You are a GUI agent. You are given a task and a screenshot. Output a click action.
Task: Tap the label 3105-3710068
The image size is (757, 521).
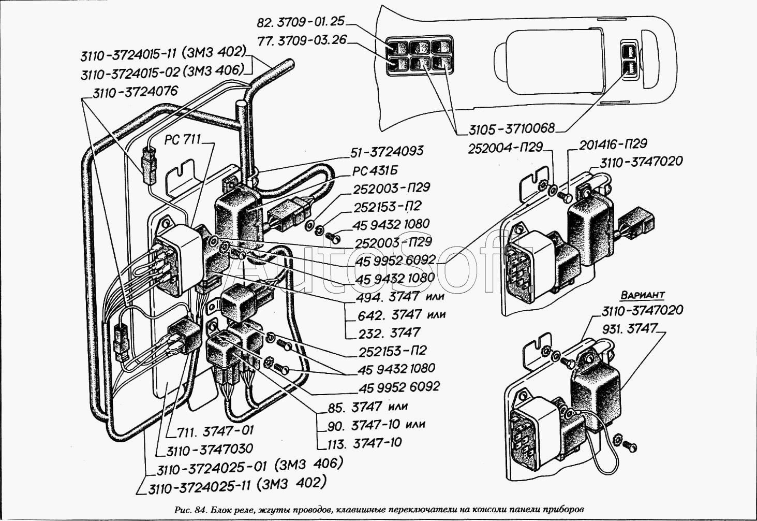512,128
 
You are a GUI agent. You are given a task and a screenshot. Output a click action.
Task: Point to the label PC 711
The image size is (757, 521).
183,139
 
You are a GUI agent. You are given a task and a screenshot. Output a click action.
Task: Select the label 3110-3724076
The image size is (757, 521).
135,92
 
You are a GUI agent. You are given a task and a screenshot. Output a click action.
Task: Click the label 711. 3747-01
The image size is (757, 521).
215,431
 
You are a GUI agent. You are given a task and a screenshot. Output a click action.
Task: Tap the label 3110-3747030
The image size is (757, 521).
210,450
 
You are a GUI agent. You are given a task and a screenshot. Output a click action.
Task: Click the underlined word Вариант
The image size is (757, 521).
643,295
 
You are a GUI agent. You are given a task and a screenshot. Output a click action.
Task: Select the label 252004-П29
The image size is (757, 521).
505,148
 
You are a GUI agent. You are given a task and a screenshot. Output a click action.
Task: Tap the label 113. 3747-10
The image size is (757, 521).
365,442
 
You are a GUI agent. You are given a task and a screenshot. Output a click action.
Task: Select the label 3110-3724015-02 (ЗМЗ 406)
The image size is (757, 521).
162,73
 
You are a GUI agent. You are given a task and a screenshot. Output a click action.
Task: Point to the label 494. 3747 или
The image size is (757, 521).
401,297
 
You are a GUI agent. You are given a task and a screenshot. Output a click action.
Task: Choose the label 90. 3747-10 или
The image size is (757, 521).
377,425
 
